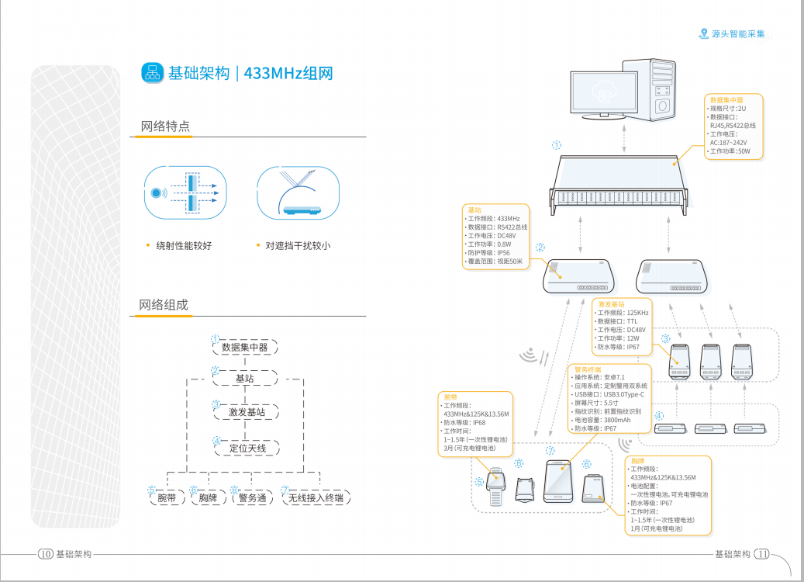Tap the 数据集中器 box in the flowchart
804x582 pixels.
[x=244, y=347]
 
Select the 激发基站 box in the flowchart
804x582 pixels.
[x=244, y=412]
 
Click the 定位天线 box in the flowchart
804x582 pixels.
[x=244, y=448]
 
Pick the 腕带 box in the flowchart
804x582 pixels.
[x=167, y=497]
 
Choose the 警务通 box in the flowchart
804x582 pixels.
[x=253, y=497]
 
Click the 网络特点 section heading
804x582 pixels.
[x=165, y=126]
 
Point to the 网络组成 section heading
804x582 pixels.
[x=164, y=305]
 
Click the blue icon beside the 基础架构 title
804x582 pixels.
[x=152, y=73]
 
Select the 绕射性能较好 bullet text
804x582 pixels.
[x=184, y=246]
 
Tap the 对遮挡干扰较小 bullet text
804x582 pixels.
[x=298, y=246]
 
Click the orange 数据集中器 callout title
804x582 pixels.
[x=726, y=100]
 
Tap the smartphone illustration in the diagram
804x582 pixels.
[x=559, y=482]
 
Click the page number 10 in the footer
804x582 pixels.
[x=45, y=554]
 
